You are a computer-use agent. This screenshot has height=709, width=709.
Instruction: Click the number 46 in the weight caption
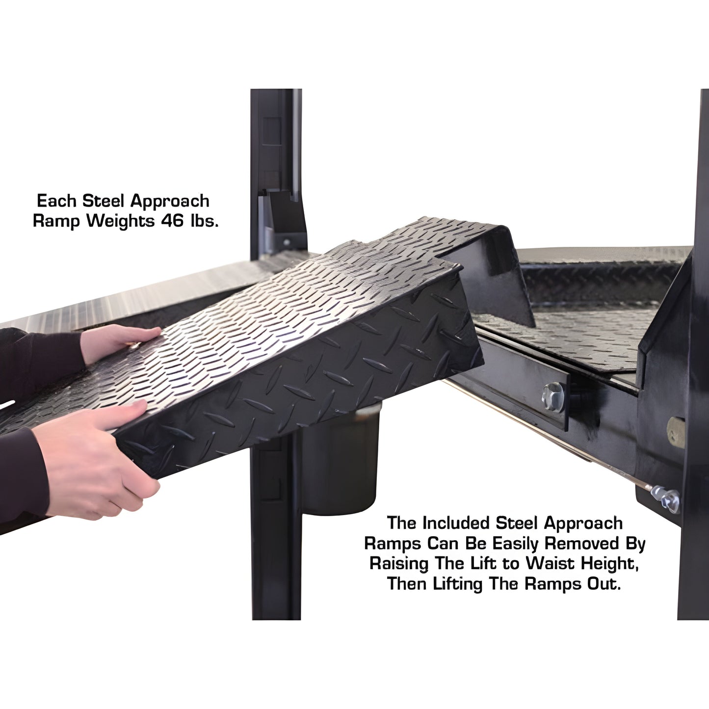click(x=172, y=221)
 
